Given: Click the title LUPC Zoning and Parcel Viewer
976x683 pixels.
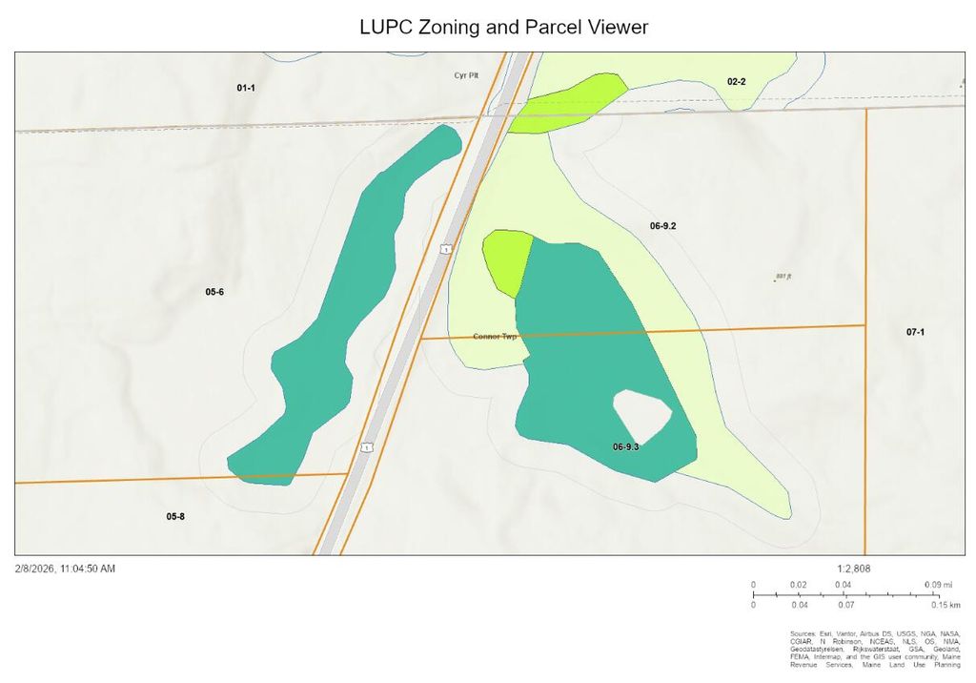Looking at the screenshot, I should click(504, 27).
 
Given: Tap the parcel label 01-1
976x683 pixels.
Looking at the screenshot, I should click(246, 88).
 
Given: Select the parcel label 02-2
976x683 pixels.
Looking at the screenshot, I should click(736, 82).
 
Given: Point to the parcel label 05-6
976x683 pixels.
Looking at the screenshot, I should click(214, 291).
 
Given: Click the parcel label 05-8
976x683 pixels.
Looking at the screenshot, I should click(175, 516).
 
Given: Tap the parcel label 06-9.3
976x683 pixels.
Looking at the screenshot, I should click(625, 446).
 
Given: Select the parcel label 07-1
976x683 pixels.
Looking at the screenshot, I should click(916, 331).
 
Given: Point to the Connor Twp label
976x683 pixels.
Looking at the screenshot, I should click(495, 337).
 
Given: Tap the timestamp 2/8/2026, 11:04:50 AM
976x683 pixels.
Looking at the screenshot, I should click(65, 569).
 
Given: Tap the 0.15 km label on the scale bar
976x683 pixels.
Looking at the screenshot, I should click(946, 605).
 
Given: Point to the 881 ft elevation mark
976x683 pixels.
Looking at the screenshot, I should click(784, 277).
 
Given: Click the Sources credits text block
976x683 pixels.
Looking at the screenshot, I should click(875, 652).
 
